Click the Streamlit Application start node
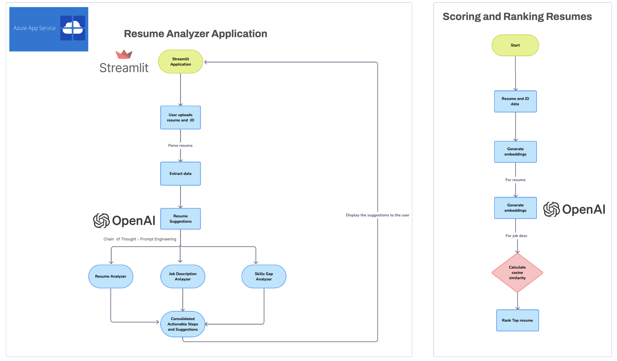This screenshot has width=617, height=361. (180, 62)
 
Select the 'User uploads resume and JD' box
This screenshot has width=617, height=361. (180, 117)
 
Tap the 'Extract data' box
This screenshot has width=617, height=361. (180, 174)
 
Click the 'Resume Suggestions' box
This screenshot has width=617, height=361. (180, 219)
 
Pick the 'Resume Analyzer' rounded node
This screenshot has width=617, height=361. (110, 276)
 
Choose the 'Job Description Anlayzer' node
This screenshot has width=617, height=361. (182, 276)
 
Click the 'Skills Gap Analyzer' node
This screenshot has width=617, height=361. (264, 276)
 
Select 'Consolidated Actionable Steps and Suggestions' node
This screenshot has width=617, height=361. (182, 324)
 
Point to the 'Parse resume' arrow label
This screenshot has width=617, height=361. (180, 146)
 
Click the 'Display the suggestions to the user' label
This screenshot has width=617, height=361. (377, 215)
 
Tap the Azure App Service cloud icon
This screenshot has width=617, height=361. (73, 28)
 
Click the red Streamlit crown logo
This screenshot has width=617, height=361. (124, 54)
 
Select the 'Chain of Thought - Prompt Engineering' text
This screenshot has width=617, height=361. (140, 239)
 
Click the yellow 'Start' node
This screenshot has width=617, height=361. (515, 45)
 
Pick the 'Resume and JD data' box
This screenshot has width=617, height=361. (515, 101)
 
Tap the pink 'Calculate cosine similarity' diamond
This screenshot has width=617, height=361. (517, 273)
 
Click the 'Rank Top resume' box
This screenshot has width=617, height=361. (517, 320)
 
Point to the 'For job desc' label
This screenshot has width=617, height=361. (516, 236)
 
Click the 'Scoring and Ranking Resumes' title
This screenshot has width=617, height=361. (517, 17)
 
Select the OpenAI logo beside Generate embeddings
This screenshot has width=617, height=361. (574, 209)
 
